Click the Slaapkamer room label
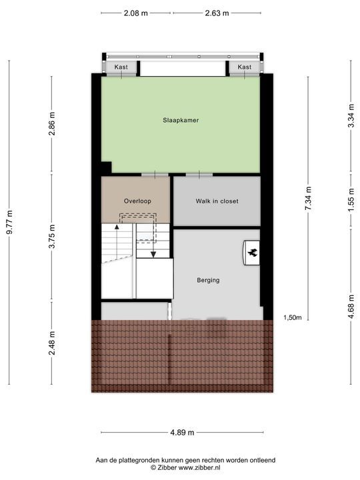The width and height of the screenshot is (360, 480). [181, 121]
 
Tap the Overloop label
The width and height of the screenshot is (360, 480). [138, 201]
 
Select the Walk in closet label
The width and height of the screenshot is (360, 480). [217, 201]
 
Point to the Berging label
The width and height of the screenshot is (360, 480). [208, 280]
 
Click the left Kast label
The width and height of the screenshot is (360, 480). [121, 67]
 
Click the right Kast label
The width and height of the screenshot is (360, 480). [245, 67]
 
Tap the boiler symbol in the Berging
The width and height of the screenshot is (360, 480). [253, 253]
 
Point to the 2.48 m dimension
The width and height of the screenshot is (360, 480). [52, 343]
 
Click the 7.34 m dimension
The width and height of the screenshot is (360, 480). [308, 198]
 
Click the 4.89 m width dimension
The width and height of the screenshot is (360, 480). [181, 433]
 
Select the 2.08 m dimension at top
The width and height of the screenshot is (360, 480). [137, 13]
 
